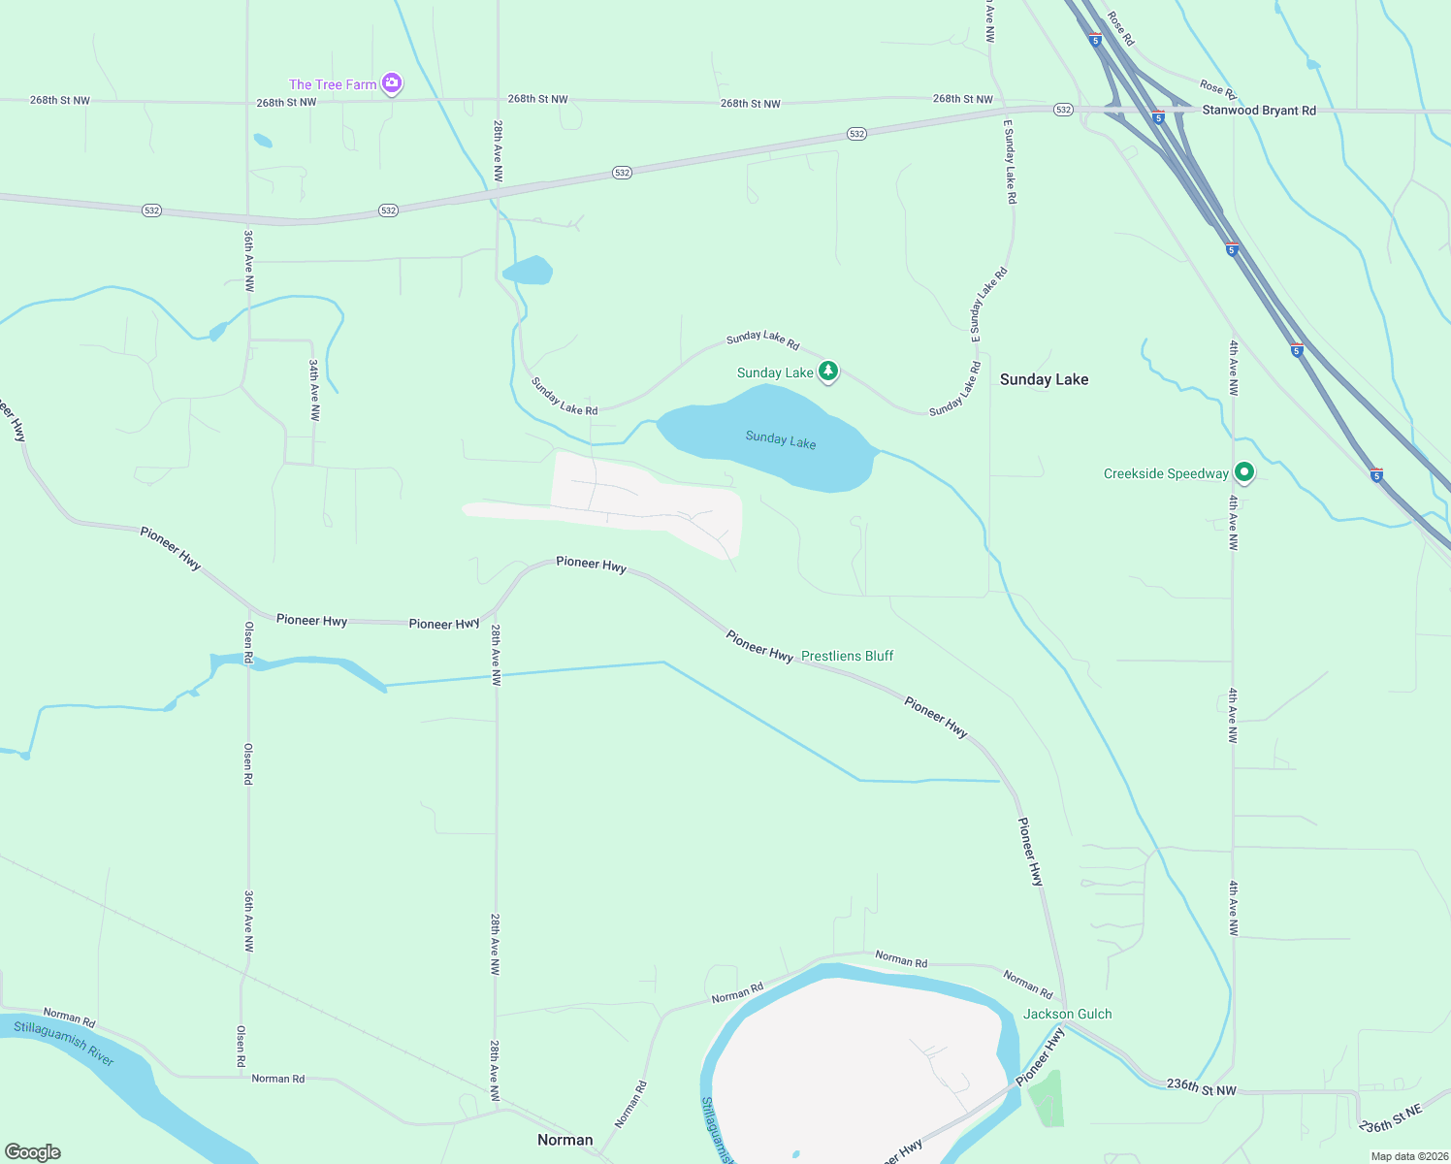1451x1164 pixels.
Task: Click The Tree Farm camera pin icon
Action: click(x=392, y=83)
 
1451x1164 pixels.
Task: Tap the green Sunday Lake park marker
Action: click(x=827, y=372)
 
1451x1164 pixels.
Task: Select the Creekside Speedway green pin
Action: click(x=1244, y=473)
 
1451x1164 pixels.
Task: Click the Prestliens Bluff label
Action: click(x=847, y=656)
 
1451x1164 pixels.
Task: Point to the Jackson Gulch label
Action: click(x=1067, y=1014)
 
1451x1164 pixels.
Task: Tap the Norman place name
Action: click(x=564, y=1140)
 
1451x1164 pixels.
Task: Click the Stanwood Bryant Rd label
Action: click(x=1259, y=111)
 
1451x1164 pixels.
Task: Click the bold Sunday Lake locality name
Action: click(x=1044, y=379)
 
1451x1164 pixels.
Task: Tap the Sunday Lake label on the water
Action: click(x=781, y=440)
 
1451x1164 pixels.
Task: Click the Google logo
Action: click(x=33, y=1152)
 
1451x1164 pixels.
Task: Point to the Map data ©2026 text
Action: click(x=1408, y=1156)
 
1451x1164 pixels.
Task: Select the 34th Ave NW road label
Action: click(x=315, y=389)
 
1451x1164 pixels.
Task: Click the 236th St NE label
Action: click(x=1390, y=1118)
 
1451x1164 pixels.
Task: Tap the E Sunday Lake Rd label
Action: click(x=1010, y=162)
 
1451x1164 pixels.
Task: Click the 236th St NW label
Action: click(x=1201, y=1087)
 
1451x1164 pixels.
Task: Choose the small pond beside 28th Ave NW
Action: click(x=529, y=270)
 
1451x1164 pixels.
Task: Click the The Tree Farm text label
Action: click(x=333, y=84)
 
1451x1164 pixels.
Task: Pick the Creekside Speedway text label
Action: click(x=1166, y=473)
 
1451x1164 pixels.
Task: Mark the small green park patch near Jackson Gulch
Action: click(x=1046, y=1098)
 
